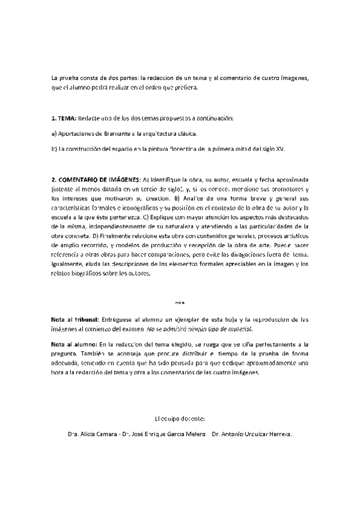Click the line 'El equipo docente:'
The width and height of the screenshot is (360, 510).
pyautogui.click(x=180, y=417)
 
